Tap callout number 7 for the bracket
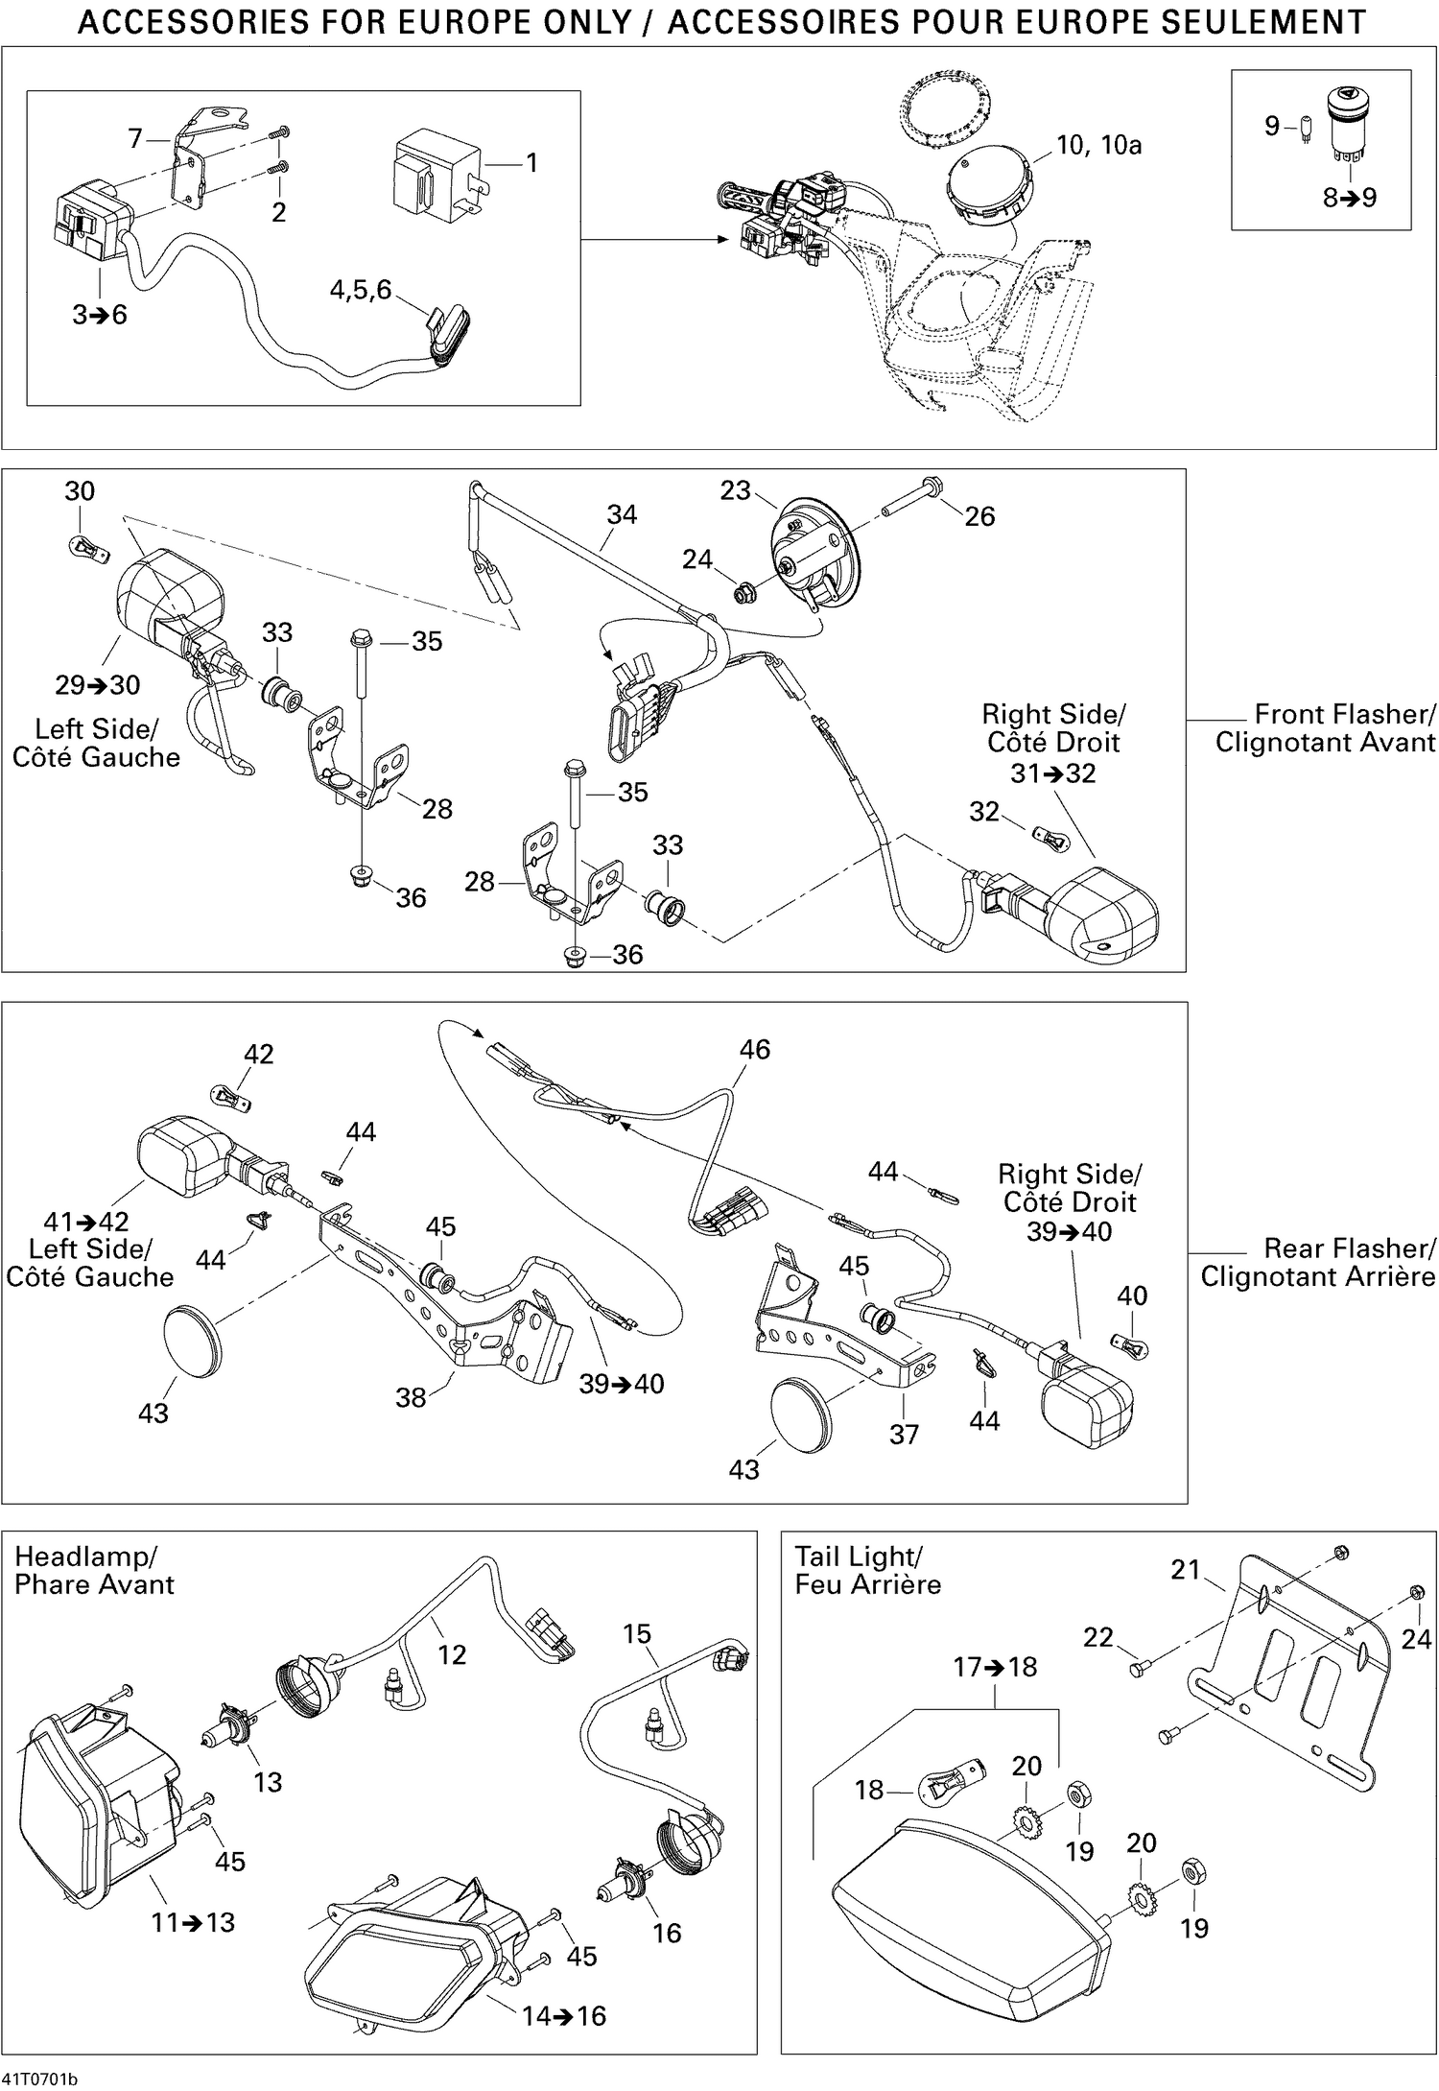(135, 139)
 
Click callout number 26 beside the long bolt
(979, 516)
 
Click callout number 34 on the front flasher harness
(622, 514)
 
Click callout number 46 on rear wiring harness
(754, 1049)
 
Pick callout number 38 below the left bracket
(411, 1397)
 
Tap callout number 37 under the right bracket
(904, 1434)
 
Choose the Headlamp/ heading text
(85, 1556)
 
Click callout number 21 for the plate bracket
(1186, 1570)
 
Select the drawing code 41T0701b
(39, 2080)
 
